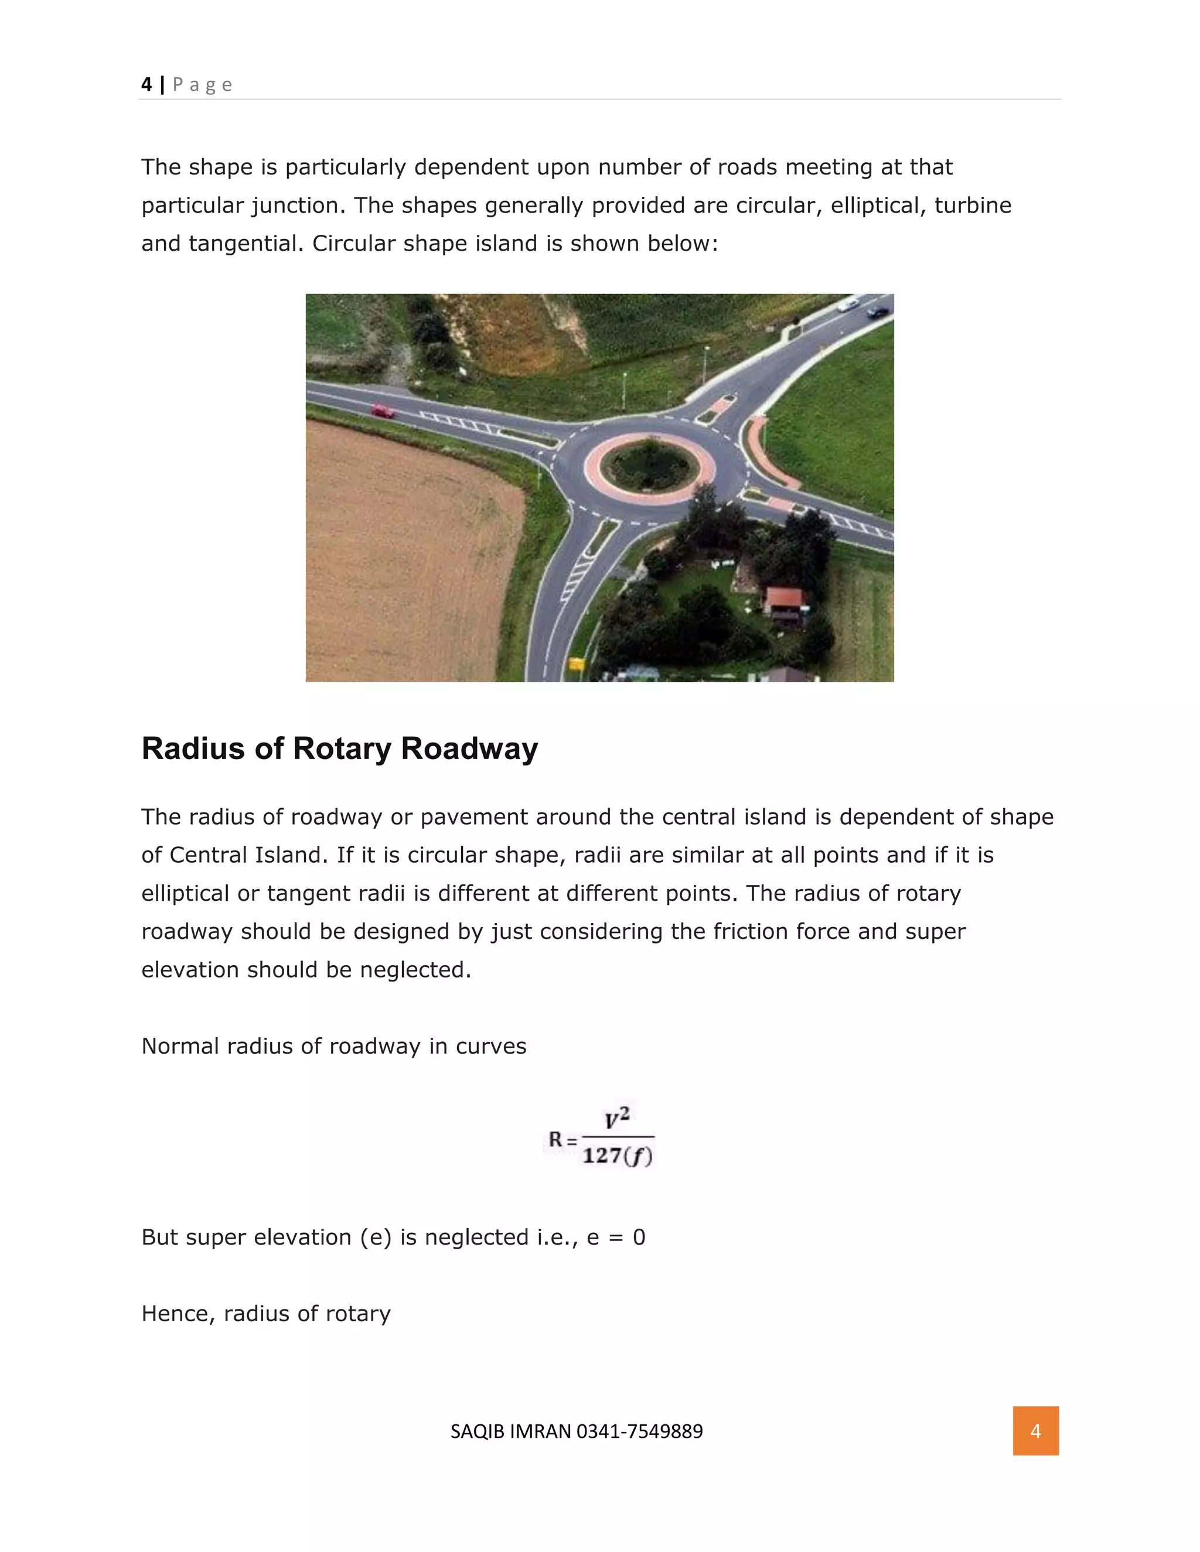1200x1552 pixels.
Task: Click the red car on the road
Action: pos(383,411)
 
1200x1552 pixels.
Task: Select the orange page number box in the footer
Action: pos(1035,1431)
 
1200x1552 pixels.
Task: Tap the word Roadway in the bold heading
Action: pos(469,748)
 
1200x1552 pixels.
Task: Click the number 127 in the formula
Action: pos(602,1156)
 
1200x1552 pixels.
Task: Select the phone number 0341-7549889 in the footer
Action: pos(639,1431)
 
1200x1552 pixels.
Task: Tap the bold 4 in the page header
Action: pos(146,84)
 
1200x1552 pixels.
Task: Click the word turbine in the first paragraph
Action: pos(973,206)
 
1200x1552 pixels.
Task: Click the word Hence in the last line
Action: pos(178,1313)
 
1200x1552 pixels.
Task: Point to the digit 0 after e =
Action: pos(639,1237)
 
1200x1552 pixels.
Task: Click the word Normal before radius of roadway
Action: pos(180,1046)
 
